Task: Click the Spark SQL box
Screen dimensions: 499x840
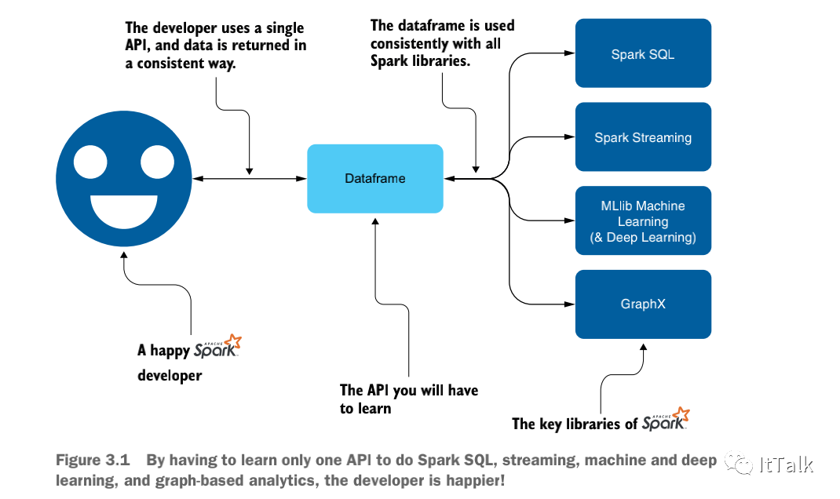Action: click(x=643, y=53)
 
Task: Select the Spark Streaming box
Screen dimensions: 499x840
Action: click(x=643, y=137)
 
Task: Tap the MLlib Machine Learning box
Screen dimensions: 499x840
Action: click(x=643, y=220)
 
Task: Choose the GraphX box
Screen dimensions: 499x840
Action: click(x=643, y=304)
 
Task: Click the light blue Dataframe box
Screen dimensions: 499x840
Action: click(x=374, y=179)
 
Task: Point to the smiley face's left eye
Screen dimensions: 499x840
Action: click(x=89, y=162)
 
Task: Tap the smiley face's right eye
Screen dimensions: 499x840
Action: click(x=157, y=162)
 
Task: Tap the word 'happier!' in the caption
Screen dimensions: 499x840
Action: click(x=476, y=479)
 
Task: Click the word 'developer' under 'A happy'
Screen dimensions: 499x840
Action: click(x=170, y=375)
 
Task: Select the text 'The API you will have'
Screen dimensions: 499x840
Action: click(x=408, y=390)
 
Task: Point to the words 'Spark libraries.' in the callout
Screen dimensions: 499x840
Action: click(x=420, y=60)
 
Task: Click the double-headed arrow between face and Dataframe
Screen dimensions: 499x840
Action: click(x=251, y=179)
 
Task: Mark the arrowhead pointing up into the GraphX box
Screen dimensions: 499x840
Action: click(x=643, y=345)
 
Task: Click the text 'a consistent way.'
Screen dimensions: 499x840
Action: click(x=181, y=64)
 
